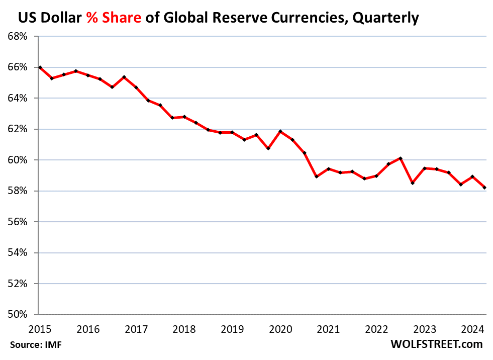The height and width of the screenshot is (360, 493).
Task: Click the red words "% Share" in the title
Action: coord(114,18)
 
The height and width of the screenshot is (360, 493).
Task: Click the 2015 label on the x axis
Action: coord(40,330)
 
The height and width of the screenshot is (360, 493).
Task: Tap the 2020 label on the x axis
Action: coord(280,330)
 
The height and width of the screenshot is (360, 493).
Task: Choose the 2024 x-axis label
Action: coord(473,330)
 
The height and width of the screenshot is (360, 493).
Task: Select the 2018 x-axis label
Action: coord(184,330)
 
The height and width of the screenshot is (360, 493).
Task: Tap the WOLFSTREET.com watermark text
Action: coord(436,344)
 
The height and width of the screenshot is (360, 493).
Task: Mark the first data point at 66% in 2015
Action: coord(40,67)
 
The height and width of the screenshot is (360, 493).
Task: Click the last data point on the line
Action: coord(485,188)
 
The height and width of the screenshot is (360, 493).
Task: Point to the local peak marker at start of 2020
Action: coord(280,132)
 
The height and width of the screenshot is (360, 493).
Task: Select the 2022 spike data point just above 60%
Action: coord(401,158)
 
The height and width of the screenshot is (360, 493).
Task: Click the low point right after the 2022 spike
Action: coord(413,183)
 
